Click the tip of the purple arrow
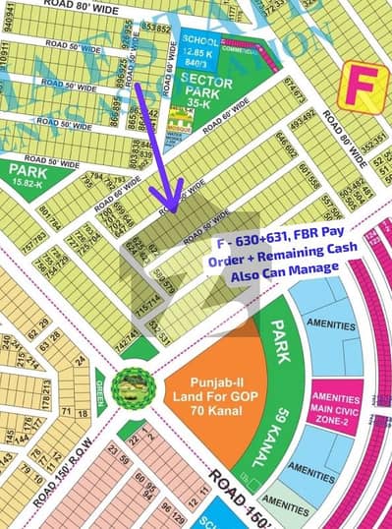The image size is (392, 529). coord(171,208)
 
